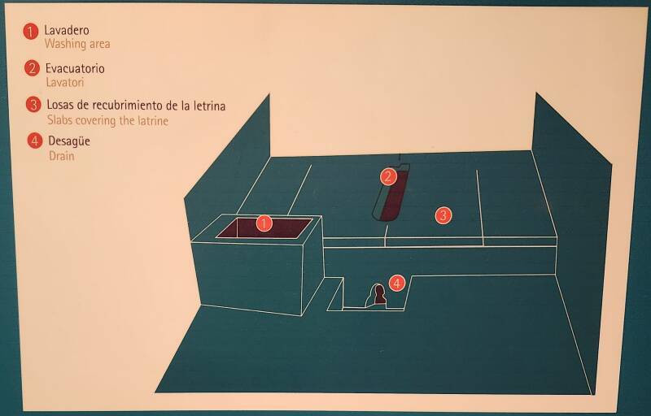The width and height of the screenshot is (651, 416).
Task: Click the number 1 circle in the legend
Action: (30, 32)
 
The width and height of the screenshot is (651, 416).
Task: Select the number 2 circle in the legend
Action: (32, 68)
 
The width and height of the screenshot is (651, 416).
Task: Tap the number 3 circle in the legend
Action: (33, 105)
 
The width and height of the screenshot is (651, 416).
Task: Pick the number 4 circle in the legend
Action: (35, 141)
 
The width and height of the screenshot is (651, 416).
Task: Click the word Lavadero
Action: (67, 30)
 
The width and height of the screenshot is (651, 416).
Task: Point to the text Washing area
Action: (77, 44)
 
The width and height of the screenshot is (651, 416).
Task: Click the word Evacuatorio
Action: (75, 68)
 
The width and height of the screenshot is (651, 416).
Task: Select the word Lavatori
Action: (65, 82)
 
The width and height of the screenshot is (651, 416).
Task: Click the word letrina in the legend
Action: (210, 106)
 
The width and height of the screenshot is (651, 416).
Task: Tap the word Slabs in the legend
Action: (59, 120)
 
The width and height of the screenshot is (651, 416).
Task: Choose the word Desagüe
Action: (69, 141)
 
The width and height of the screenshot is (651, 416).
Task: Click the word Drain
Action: (62, 156)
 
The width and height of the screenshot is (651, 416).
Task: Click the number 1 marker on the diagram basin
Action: (264, 223)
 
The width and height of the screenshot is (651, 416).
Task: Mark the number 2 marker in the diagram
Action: (388, 177)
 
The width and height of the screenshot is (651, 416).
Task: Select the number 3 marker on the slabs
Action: (443, 215)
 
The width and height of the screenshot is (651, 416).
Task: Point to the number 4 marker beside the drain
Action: (397, 284)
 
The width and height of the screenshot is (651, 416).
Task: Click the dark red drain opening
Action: (378, 295)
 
